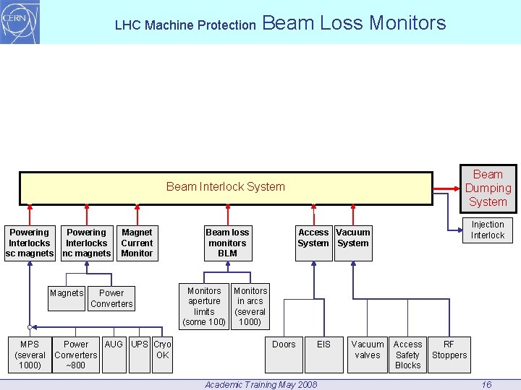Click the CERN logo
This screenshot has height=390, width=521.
tap(20, 22)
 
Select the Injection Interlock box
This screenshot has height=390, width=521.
tap(487, 230)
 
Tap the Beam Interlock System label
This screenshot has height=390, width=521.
tap(225, 187)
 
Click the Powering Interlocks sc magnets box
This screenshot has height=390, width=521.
tap(29, 243)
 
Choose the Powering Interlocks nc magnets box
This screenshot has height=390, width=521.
tap(86, 243)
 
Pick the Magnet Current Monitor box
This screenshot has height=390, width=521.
tap(137, 243)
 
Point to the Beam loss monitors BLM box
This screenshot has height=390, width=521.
tap(227, 243)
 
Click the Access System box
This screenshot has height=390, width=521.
tap(313, 238)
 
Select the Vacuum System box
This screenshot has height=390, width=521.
tap(353, 238)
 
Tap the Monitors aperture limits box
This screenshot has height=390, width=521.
tap(204, 306)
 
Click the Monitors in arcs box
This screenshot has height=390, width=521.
tap(250, 306)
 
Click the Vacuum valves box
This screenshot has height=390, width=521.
tap(368, 354)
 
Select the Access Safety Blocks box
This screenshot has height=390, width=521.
tap(407, 355)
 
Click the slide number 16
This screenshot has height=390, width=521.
tap(486, 384)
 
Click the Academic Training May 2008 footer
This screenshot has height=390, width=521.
tap(260, 384)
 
